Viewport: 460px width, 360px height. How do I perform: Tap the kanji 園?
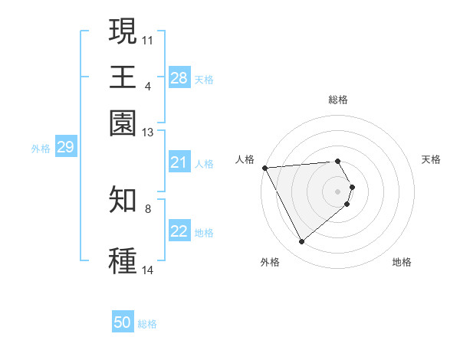pyautogui.click(x=123, y=123)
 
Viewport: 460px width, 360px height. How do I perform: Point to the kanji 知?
pyautogui.click(x=123, y=200)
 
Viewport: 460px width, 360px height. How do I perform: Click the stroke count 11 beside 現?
pyautogui.click(x=148, y=39)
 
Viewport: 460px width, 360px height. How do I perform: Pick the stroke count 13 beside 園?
pyautogui.click(x=148, y=133)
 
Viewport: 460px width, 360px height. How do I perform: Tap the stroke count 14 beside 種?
pyautogui.click(x=148, y=270)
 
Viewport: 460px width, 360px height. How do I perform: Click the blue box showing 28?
pyautogui.click(x=179, y=78)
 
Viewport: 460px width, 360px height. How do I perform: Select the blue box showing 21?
pyautogui.click(x=179, y=162)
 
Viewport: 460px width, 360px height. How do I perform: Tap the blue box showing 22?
pyautogui.click(x=179, y=231)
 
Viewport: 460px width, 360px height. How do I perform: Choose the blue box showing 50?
pyautogui.click(x=123, y=323)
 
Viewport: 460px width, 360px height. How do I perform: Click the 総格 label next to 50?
pyautogui.click(x=147, y=324)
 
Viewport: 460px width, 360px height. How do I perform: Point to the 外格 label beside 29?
pyautogui.click(x=41, y=148)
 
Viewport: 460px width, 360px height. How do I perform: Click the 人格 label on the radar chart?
pyautogui.click(x=245, y=159)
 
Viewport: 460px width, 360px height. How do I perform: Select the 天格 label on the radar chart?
pyautogui.click(x=431, y=159)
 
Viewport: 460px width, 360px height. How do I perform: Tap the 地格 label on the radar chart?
pyautogui.click(x=402, y=262)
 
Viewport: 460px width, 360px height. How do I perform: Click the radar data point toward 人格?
pyautogui.click(x=264, y=168)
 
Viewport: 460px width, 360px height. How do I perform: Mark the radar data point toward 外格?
pyautogui.click(x=301, y=242)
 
